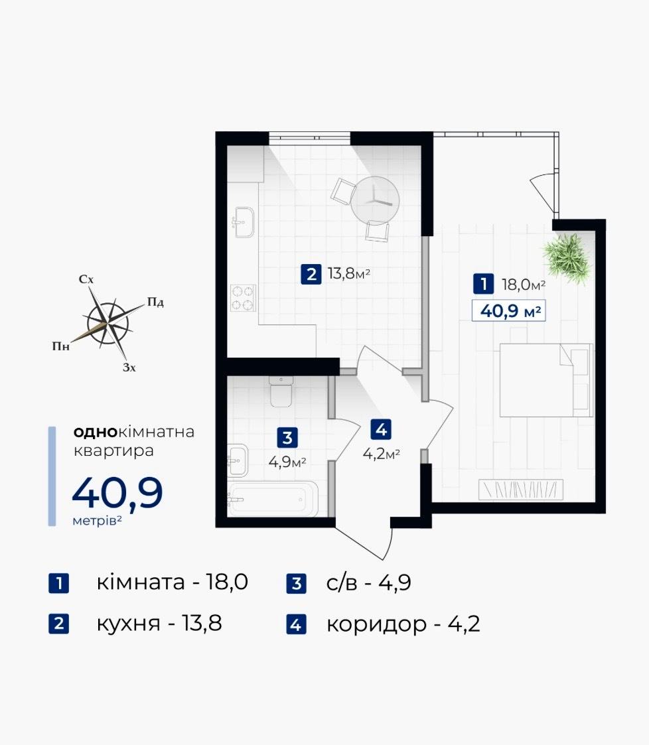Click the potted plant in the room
click(x=568, y=259)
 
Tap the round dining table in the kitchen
click(x=375, y=200)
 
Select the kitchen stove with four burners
click(x=243, y=298)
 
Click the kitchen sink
click(x=244, y=222)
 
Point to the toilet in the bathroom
click(x=281, y=391)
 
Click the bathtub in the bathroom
click(x=273, y=499)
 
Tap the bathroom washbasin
click(x=238, y=460)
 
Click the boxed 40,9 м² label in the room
click(x=509, y=311)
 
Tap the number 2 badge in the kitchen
click(x=311, y=274)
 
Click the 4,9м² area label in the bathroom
click(x=287, y=462)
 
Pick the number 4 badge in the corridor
click(x=381, y=429)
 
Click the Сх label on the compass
click(x=86, y=279)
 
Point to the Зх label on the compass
click(x=129, y=368)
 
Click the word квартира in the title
click(x=113, y=450)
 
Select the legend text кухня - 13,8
click(x=159, y=623)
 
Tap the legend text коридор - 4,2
click(x=403, y=623)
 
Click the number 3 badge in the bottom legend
click(x=297, y=583)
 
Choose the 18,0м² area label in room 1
click(x=524, y=285)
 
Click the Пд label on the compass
click(x=155, y=303)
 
